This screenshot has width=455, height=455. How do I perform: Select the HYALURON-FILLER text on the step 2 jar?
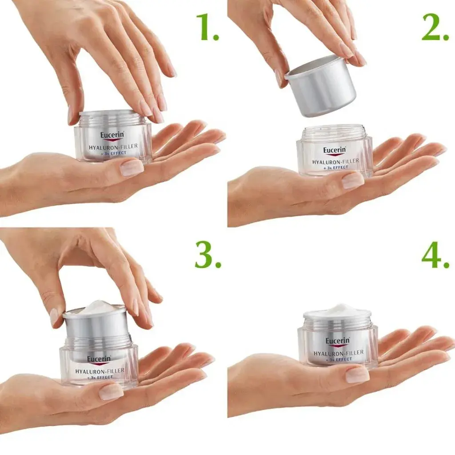(335, 161)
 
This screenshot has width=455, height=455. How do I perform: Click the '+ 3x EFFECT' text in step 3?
(100, 377)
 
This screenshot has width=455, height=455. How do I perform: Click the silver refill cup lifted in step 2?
(321, 87)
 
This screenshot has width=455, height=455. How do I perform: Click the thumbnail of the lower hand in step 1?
(132, 168)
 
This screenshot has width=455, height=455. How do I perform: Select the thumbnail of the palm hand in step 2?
(353, 180)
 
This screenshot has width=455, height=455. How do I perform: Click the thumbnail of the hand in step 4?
(357, 374)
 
